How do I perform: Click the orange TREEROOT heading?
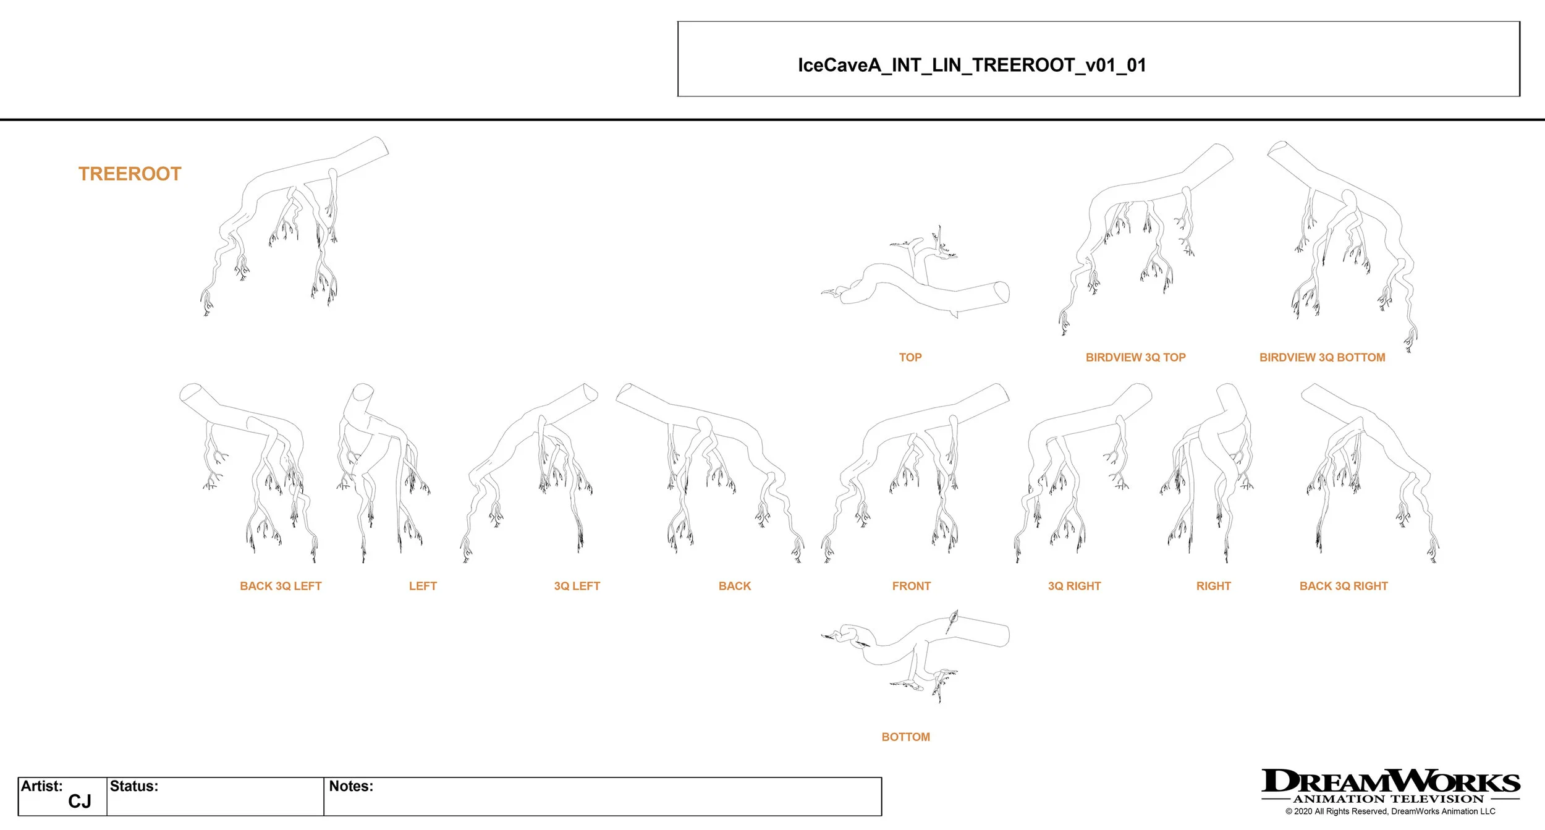130,174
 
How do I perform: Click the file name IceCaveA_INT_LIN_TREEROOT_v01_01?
971,66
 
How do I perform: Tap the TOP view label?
910,357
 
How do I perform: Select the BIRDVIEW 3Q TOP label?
1135,357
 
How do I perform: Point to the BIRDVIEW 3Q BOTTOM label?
1322,357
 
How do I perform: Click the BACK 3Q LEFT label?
281,586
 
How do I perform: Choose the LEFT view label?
423,586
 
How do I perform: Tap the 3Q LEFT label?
577,586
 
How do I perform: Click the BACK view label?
734,586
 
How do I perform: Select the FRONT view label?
911,586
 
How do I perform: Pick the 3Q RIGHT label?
1074,586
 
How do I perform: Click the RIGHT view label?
1213,586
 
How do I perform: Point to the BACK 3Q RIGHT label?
1344,586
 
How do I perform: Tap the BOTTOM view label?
905,737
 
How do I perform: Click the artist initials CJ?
79,802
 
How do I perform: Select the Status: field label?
134,786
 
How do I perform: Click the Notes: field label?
351,786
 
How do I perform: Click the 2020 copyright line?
1390,811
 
